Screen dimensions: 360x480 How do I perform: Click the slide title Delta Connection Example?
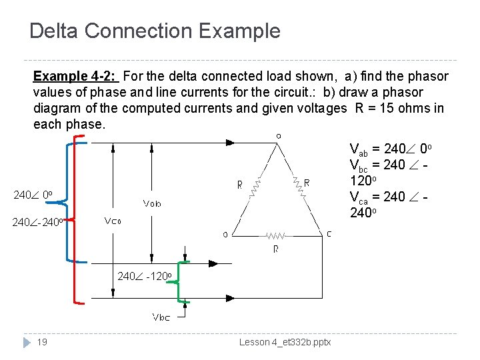pyautogui.click(x=155, y=31)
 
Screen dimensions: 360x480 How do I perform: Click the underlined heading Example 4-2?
pyautogui.click(x=75, y=77)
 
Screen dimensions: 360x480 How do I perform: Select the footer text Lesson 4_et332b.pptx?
pyautogui.click(x=285, y=342)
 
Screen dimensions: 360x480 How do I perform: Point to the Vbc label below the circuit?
pyautogui.click(x=161, y=317)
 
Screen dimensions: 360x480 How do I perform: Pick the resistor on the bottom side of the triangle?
pyautogui.click(x=277, y=235)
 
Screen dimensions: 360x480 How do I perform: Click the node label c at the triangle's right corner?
pyautogui.click(x=329, y=233)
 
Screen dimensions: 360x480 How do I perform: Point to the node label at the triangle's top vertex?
pyautogui.click(x=278, y=135)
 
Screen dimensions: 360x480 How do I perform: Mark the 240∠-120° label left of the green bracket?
pyautogui.click(x=145, y=276)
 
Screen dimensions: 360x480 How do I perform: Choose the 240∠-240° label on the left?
pyautogui.click(x=38, y=222)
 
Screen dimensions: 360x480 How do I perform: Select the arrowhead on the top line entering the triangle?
pyautogui.click(x=229, y=141)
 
